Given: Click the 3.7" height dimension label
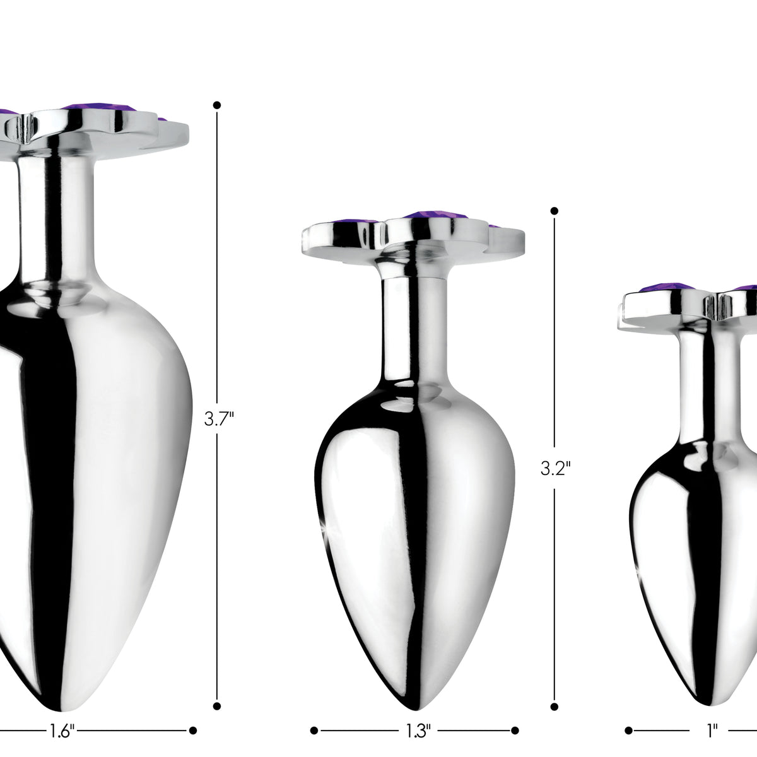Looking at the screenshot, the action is click(219, 419).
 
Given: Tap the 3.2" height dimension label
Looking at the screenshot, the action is click(556, 468).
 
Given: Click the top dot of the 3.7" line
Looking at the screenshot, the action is click(217, 105).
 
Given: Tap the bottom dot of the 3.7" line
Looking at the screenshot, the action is click(217, 684).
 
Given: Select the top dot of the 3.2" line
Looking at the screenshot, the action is click(555, 211).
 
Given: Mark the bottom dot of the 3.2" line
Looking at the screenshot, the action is click(555, 684).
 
